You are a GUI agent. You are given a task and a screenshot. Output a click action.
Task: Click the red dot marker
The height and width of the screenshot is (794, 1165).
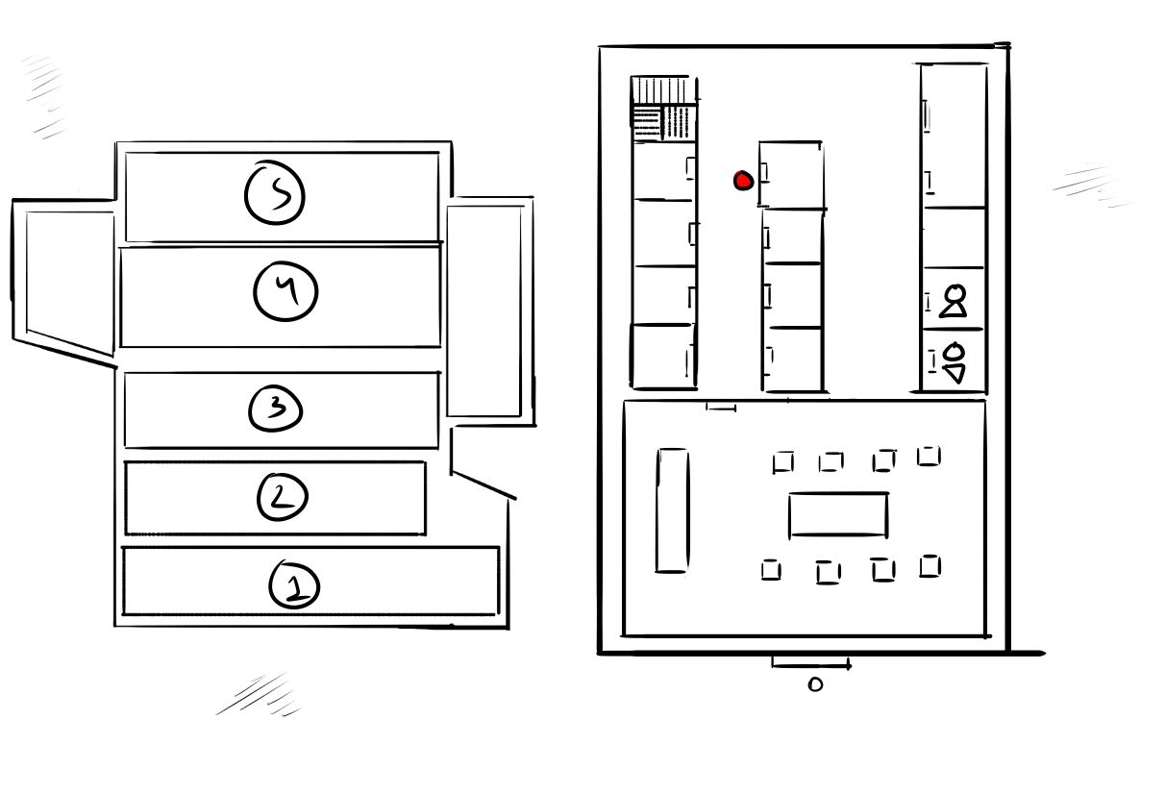click(x=743, y=181)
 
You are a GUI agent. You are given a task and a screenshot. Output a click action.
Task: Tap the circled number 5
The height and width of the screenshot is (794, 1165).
click(x=275, y=193)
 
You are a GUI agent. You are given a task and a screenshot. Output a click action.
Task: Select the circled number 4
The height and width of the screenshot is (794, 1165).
click(x=285, y=291)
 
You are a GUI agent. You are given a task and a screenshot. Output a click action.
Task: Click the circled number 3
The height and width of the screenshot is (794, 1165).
click(x=276, y=409)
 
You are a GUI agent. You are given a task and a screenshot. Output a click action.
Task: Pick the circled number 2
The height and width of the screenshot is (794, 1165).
click(x=283, y=497)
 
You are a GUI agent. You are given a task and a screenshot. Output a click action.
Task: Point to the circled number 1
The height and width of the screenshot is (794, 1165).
click(x=294, y=584)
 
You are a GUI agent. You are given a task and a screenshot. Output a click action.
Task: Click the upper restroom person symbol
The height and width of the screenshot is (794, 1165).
click(x=954, y=301)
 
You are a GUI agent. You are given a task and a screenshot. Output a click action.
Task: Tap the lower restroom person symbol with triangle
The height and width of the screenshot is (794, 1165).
click(x=954, y=363)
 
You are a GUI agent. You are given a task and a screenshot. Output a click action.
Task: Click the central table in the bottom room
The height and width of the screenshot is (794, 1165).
click(x=838, y=515)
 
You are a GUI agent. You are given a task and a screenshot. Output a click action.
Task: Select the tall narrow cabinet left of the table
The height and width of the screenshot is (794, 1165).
click(x=673, y=510)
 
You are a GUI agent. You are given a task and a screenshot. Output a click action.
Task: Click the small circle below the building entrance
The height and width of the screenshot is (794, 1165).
click(x=815, y=684)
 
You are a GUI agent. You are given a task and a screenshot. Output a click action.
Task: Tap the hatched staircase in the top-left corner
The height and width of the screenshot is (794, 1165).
click(x=664, y=109)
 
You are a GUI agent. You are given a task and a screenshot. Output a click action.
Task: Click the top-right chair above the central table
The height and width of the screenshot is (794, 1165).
click(x=929, y=456)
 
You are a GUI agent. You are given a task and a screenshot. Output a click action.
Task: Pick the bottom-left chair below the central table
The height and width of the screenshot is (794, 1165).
click(x=771, y=570)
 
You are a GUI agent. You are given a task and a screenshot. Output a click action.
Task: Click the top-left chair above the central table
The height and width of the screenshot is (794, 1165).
click(x=783, y=462)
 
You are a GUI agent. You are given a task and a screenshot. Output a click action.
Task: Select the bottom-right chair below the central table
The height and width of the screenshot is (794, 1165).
click(x=930, y=566)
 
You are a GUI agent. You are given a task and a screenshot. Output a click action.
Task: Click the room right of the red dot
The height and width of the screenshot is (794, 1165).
click(x=790, y=174)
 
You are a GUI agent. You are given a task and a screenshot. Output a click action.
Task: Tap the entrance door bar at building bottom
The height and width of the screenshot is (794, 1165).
click(x=810, y=663)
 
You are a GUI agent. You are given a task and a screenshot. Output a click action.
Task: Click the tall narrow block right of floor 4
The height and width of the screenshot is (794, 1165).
click(x=484, y=310)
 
